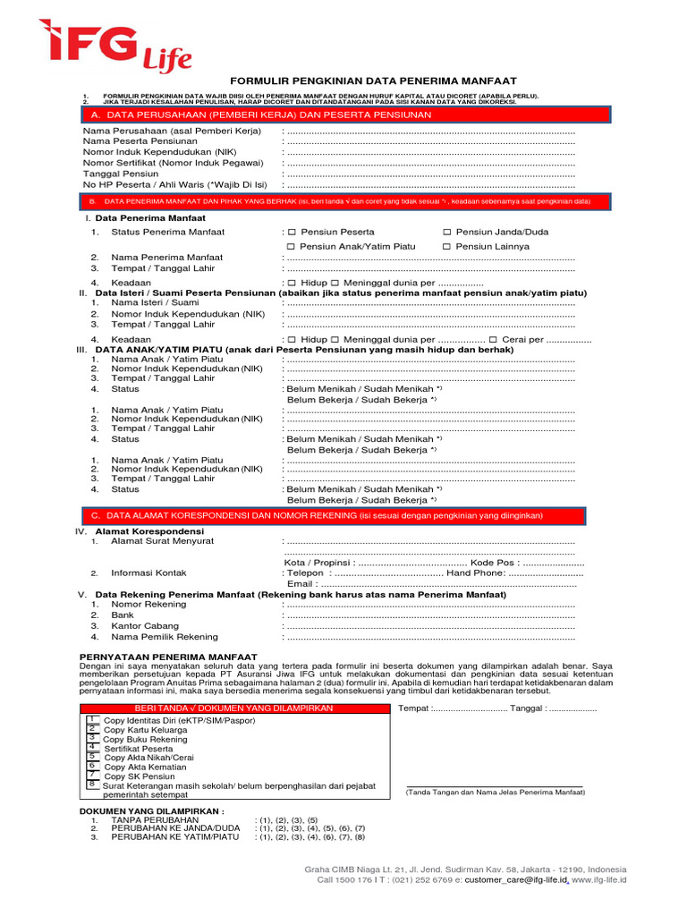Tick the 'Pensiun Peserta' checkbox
[292, 232]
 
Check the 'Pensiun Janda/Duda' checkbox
[447, 232]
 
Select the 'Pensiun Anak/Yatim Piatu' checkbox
[292, 246]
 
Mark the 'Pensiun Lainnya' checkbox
[447, 246]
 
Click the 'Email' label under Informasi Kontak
[301, 583]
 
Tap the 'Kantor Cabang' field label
[145, 626]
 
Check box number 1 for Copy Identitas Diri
[91, 718]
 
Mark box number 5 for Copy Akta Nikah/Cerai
[91, 756]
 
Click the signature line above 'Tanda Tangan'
[494, 786]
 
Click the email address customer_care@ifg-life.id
[518, 880]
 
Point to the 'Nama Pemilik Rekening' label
[165, 637]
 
